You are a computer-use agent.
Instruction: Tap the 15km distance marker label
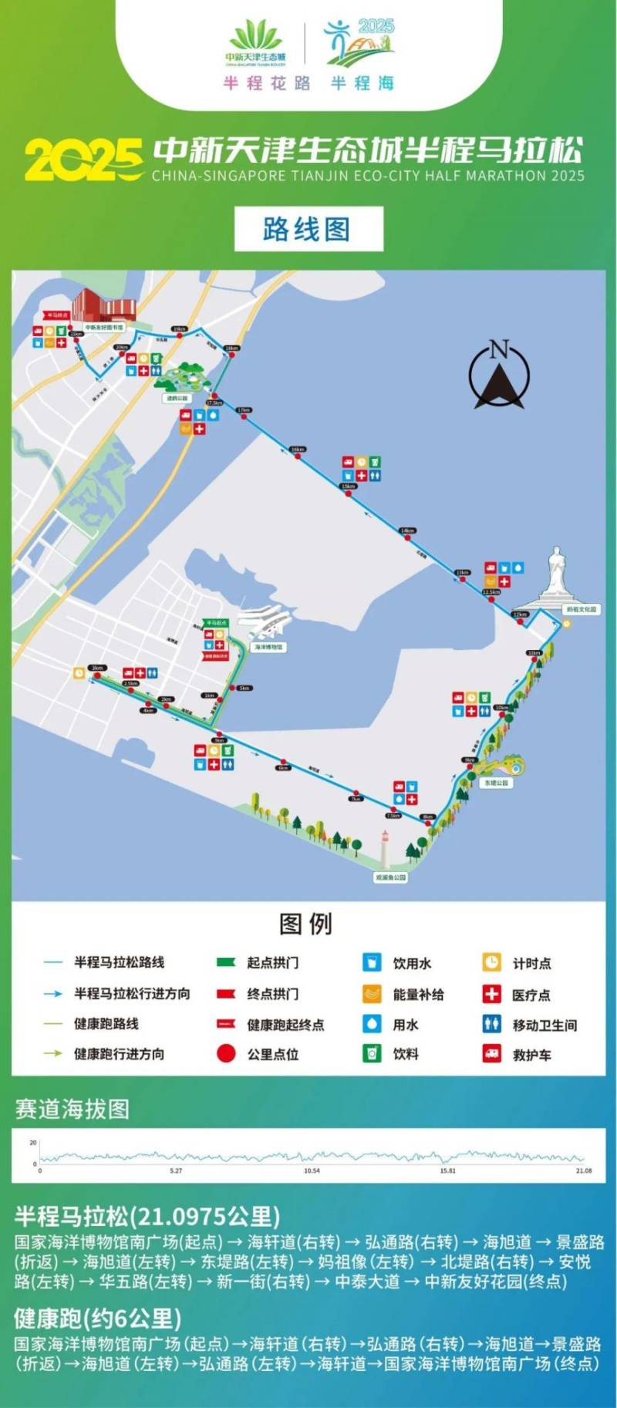(348, 487)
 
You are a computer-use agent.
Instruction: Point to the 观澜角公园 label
(390, 877)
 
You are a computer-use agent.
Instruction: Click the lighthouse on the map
(385, 849)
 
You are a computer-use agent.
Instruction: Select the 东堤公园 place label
(496, 783)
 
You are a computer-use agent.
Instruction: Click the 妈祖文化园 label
(581, 609)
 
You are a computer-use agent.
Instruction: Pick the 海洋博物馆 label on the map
(268, 647)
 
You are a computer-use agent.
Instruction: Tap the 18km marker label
(231, 349)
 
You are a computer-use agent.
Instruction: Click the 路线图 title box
(308, 229)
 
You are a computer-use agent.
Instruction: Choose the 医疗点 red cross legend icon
(491, 993)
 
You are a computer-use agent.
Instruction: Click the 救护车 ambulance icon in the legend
(491, 1053)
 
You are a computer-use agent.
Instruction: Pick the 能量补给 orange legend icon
(372, 993)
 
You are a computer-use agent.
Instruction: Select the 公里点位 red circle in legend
(226, 1053)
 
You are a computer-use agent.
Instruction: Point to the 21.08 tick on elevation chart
(584, 1171)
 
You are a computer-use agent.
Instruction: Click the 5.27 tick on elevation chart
(176, 1171)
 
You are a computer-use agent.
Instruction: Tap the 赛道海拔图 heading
(72, 1109)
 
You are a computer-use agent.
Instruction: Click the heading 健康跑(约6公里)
(97, 1318)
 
